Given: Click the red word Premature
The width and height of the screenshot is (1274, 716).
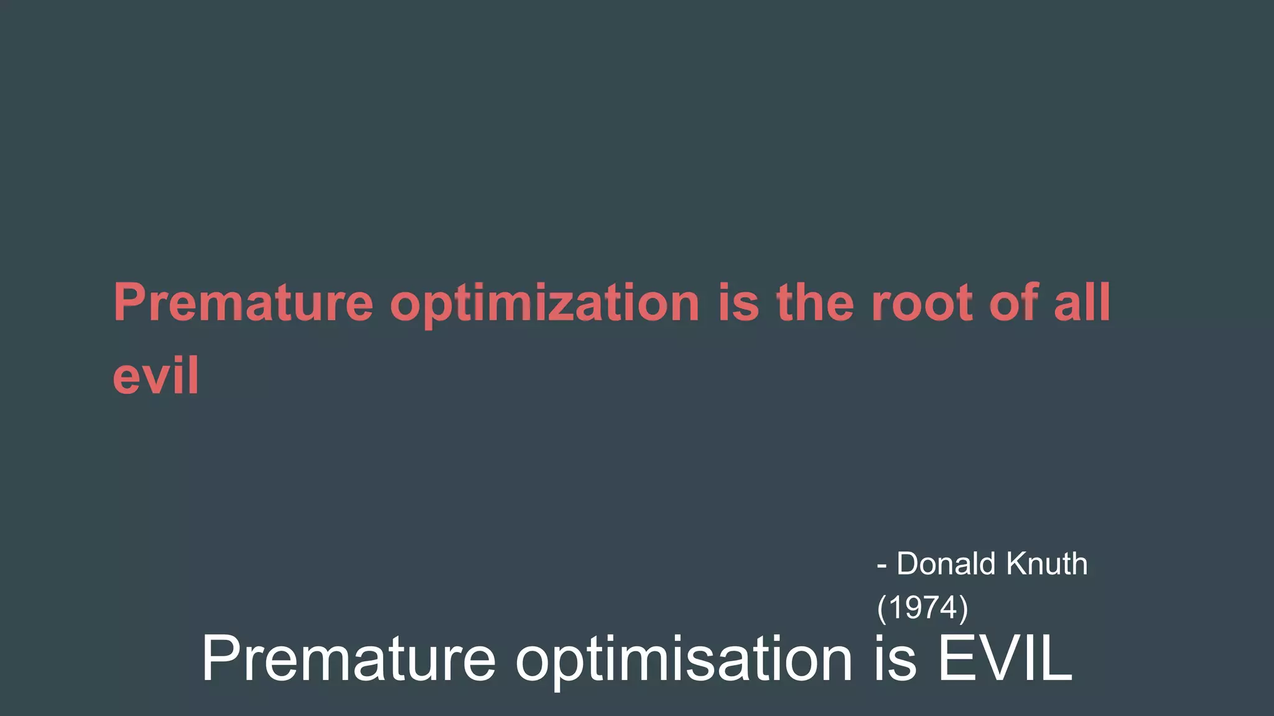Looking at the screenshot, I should click(x=243, y=303).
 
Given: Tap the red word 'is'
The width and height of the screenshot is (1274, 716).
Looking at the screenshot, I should click(x=738, y=303).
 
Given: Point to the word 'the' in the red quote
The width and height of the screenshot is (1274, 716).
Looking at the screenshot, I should click(x=816, y=303).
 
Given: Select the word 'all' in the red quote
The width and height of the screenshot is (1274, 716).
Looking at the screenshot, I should click(x=1082, y=303).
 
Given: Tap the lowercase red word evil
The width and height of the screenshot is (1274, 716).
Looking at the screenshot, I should click(x=156, y=375).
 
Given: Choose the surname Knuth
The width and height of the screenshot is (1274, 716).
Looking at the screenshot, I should click(x=1047, y=564).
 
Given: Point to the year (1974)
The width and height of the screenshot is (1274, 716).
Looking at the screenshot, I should click(x=923, y=607).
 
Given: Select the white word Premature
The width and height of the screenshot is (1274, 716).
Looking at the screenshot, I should click(x=348, y=659).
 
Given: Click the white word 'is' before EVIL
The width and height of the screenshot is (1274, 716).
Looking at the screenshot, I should click(x=895, y=659).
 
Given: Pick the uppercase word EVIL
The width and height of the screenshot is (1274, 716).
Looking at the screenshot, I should click(x=1005, y=659).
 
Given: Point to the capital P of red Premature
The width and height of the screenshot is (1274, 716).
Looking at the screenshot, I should click(x=129, y=302).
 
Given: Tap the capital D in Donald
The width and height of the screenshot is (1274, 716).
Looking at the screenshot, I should click(x=909, y=564).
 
